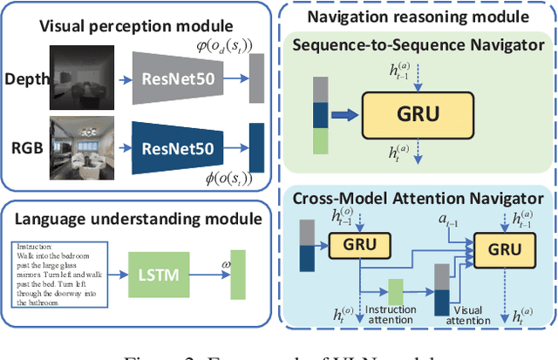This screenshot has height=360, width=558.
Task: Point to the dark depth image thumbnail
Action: coord(80,77)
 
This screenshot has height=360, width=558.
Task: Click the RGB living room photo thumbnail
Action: coord(80,142)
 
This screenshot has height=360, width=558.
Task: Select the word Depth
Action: coord(28,78)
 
